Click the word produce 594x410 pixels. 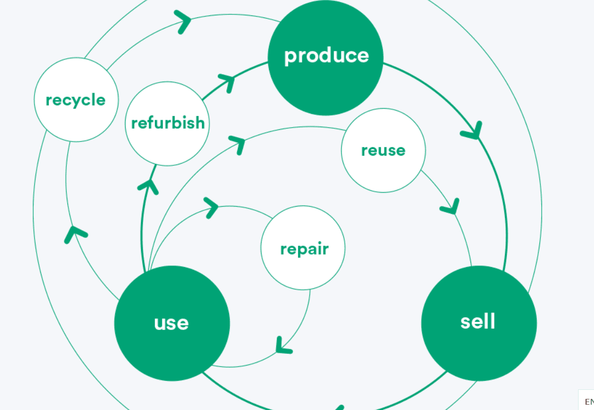[326, 56]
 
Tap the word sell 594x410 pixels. [478, 322]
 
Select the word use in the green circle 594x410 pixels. [171, 323]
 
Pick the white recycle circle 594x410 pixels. [76, 100]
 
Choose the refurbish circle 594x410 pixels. [168, 123]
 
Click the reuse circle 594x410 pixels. [383, 150]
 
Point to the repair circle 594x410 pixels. [303, 248]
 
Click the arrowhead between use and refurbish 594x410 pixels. [149, 186]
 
